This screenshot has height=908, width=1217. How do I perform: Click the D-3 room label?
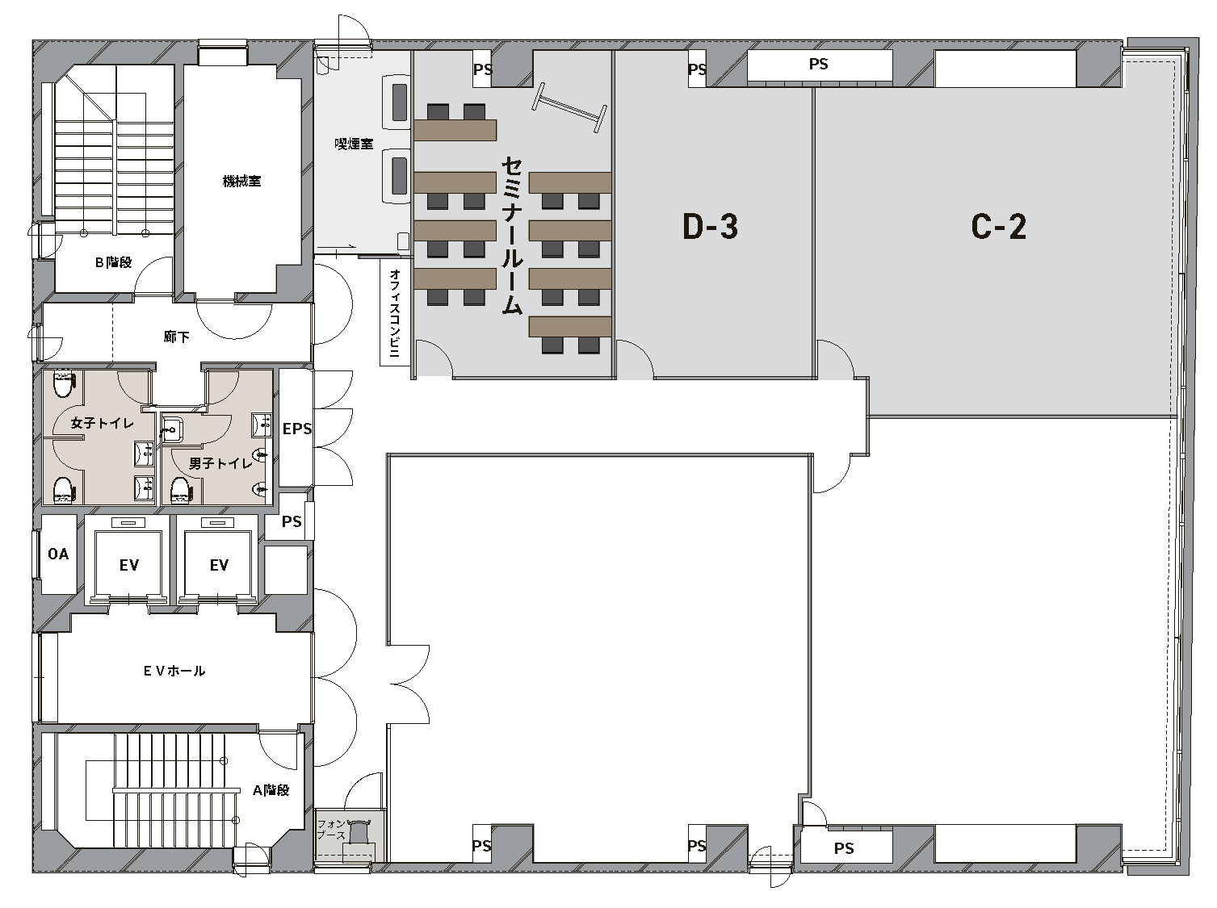click(x=710, y=227)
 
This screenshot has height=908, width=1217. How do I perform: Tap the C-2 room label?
click(x=998, y=227)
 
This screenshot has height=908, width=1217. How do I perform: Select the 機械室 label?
click(x=241, y=181)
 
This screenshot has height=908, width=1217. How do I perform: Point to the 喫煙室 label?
click(x=354, y=144)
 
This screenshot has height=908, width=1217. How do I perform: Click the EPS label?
click(x=297, y=429)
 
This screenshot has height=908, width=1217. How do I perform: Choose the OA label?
click(x=58, y=554)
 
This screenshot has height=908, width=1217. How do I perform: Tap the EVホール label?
click(x=174, y=672)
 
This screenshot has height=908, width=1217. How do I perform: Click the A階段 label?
click(x=271, y=790)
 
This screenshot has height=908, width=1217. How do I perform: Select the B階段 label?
click(x=114, y=262)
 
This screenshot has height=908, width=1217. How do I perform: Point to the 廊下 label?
click(x=177, y=337)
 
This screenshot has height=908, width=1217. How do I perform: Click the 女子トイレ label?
click(x=103, y=423)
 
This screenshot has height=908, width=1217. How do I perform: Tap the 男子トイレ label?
click(x=220, y=463)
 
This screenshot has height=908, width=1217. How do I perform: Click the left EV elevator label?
click(x=129, y=565)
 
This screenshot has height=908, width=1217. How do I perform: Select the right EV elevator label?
click(x=219, y=565)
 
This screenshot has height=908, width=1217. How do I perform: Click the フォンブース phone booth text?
click(x=332, y=830)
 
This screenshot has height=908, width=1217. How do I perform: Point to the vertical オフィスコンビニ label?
click(x=395, y=313)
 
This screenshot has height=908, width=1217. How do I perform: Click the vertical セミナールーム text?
click(x=512, y=236)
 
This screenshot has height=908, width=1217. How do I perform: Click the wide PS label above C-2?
click(x=818, y=65)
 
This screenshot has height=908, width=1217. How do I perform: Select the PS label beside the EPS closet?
click(x=292, y=521)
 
